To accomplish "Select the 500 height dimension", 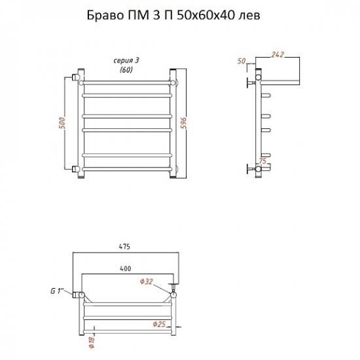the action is [62, 123].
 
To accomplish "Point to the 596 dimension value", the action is [185, 123].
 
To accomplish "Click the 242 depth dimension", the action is [278, 54].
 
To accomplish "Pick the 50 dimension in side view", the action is [242, 62].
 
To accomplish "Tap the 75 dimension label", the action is [262, 161].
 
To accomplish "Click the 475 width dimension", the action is [124, 247].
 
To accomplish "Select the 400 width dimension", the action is [126, 268].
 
